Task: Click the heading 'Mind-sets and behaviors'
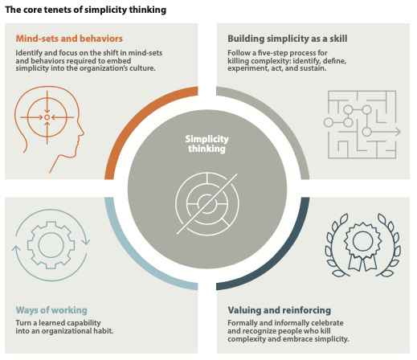point(69,39)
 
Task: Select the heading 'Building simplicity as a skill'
point(288,39)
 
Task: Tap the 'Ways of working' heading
point(51,310)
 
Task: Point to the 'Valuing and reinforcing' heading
point(280,310)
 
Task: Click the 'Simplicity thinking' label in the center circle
point(206,144)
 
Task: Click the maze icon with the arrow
point(362,125)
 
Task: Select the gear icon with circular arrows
point(51,245)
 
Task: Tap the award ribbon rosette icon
point(363,245)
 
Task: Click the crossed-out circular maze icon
point(206,204)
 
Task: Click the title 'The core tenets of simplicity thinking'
point(86,10)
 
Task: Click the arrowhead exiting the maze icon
point(399,132)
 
